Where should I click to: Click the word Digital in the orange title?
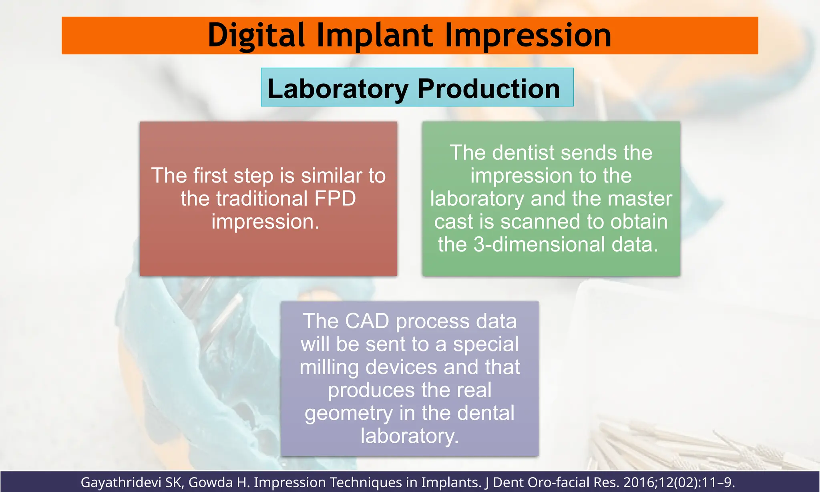(257, 35)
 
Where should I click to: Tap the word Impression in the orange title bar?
(528, 35)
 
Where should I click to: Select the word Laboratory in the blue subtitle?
(338, 88)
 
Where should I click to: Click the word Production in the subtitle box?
(488, 88)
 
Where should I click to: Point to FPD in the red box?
(335, 199)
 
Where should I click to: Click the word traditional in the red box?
(262, 199)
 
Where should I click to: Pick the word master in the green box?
(642, 199)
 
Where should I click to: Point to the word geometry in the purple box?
(349, 413)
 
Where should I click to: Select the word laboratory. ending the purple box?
(409, 436)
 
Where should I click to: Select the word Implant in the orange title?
(375, 35)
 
